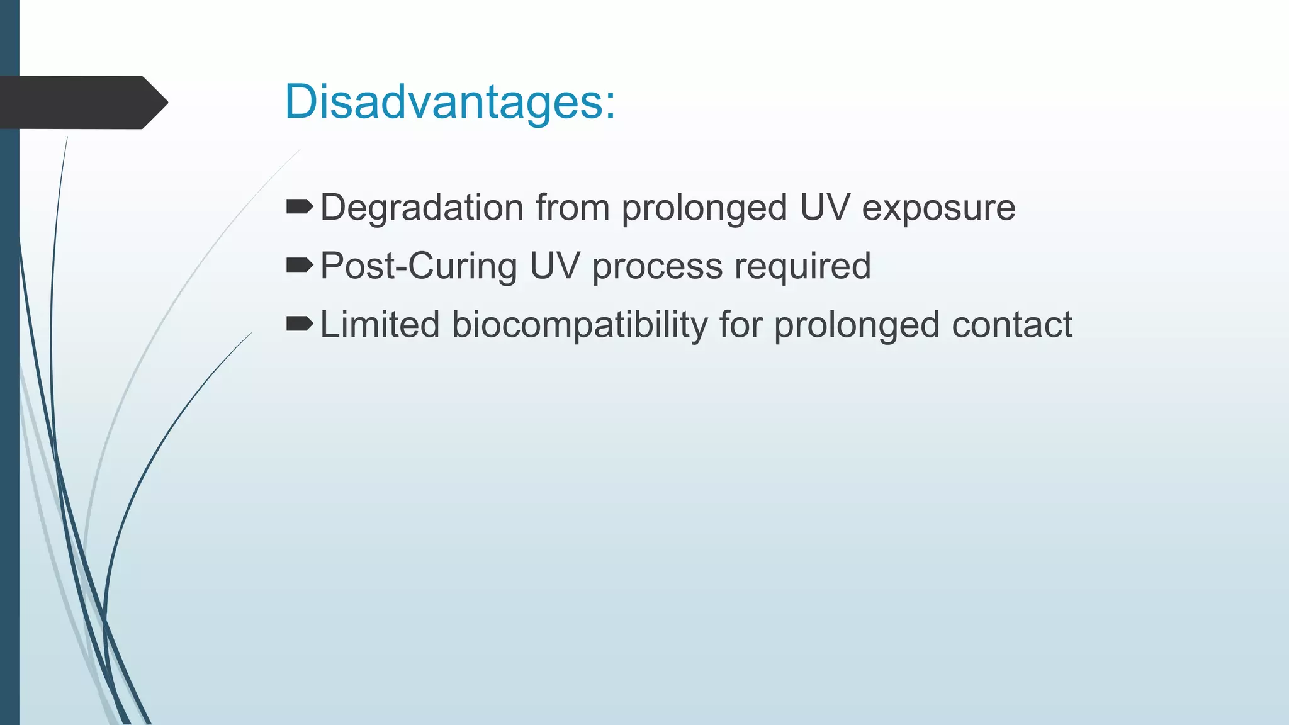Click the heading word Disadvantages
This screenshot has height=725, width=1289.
click(449, 101)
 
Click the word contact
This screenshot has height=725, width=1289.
click(1012, 325)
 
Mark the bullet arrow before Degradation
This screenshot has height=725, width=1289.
click(300, 206)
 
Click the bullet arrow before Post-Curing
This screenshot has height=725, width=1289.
click(300, 265)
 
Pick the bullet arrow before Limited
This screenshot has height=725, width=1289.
click(300, 323)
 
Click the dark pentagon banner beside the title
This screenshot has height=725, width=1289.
click(82, 102)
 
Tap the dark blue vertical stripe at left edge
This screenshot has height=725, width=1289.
click(9, 441)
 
